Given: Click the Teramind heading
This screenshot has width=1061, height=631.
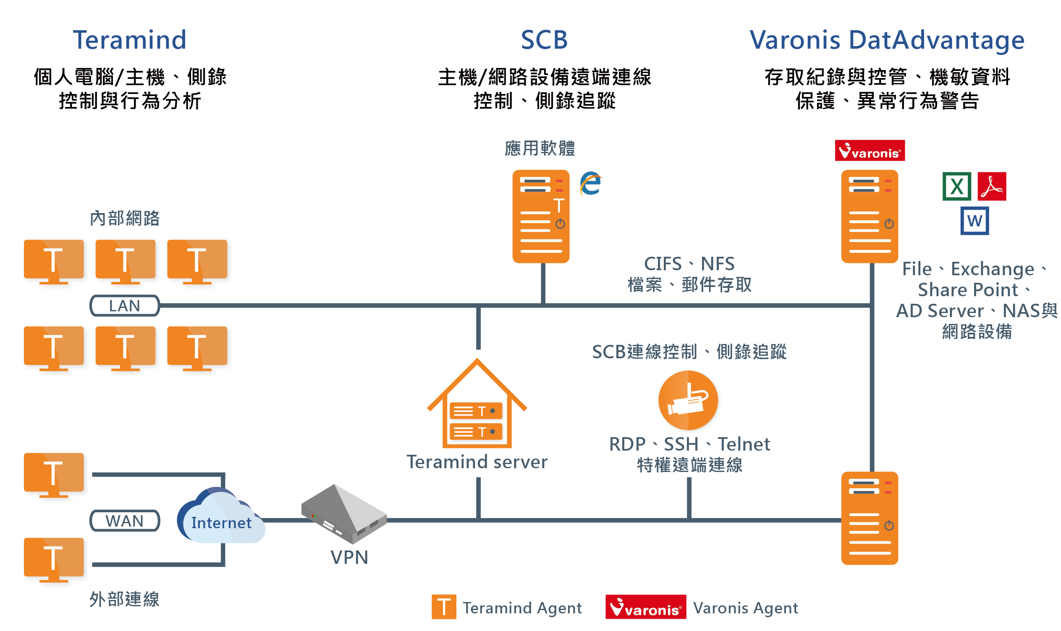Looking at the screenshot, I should tap(129, 40).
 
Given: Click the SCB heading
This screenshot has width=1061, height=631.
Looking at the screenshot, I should tap(544, 40).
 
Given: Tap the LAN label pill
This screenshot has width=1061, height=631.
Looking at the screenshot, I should tap(124, 305).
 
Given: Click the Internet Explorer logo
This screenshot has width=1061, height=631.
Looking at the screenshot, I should tap(590, 184).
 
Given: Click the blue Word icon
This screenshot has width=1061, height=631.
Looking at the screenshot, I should tap(974, 221).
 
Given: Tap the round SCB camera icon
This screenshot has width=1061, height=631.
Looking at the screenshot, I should tap(688, 401).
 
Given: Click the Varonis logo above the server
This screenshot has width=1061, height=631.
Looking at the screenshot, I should tap(869, 151).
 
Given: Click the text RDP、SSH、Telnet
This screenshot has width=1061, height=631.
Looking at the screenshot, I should tap(689, 444).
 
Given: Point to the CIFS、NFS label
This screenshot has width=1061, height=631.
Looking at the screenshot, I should tap(689, 263).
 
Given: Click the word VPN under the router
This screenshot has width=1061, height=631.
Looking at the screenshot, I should tap(349, 557).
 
